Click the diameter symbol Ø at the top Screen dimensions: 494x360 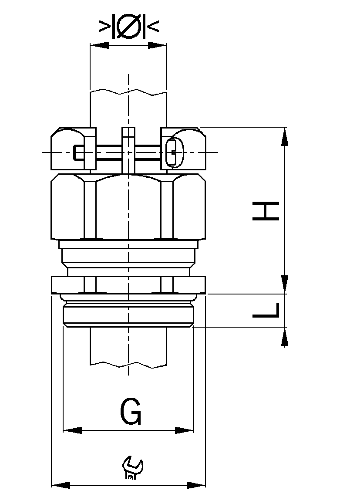click(x=128, y=27)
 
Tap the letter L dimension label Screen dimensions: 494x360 click(x=266, y=310)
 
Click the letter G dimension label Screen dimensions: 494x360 click(x=130, y=412)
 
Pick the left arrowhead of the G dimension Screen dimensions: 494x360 click(x=72, y=430)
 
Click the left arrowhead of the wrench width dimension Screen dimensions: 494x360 click(x=61, y=485)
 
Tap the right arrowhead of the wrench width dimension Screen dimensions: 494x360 click(x=196, y=485)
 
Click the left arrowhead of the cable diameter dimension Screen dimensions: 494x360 click(x=99, y=45)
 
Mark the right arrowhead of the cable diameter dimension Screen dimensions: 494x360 click(x=157, y=45)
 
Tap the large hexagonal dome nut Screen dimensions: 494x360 click(x=128, y=207)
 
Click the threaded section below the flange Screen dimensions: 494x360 click(x=128, y=315)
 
